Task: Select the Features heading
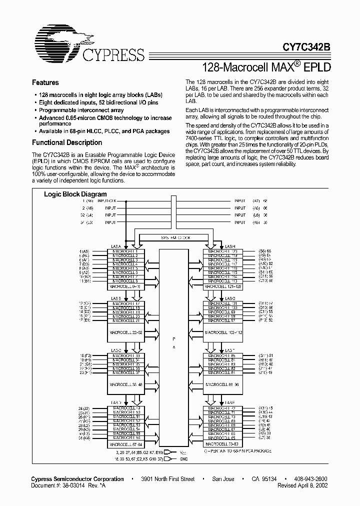pyautogui.click(x=45, y=83)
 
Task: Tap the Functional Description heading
pyautogui.click(x=66, y=142)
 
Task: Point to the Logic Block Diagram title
pyautogui.click(x=75, y=194)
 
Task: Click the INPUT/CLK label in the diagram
pyautogui.click(x=114, y=200)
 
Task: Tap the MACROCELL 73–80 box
pyautogui.click(x=223, y=443)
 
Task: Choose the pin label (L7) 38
pyautogui.click(x=265, y=437)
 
